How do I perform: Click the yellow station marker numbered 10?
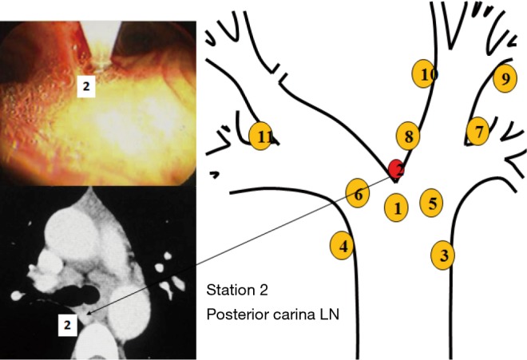[426, 74]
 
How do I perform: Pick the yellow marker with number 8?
[407, 136]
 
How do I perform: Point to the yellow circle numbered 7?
[477, 130]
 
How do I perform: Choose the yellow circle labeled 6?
[359, 193]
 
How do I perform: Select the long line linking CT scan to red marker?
[240, 243]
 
